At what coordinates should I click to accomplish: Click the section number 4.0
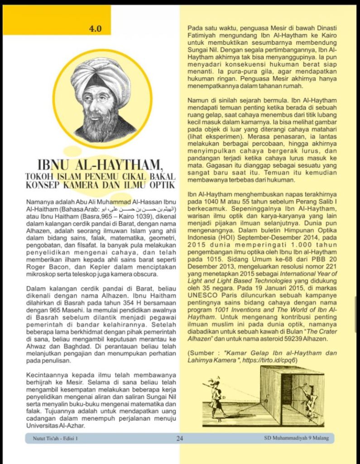point(96,29)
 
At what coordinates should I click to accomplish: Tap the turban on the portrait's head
point(101,75)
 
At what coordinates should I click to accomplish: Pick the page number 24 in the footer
point(180,438)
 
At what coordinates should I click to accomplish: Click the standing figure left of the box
point(216,397)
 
